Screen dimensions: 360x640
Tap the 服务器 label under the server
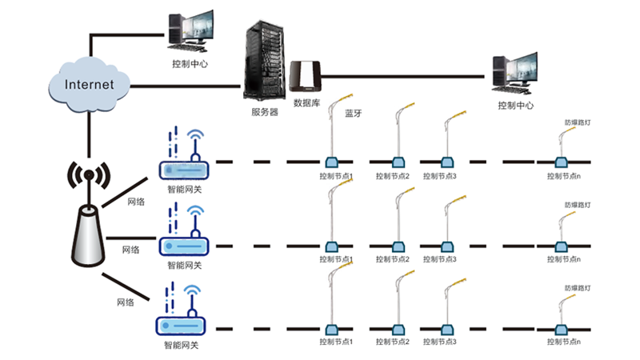(x=265, y=113)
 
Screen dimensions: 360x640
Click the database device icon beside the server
(x=306, y=77)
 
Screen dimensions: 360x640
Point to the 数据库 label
(x=308, y=103)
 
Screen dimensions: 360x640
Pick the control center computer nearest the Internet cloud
(x=190, y=32)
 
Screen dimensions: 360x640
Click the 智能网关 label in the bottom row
(x=181, y=346)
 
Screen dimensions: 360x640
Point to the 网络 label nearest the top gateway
(x=136, y=202)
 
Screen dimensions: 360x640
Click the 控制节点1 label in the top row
(x=335, y=176)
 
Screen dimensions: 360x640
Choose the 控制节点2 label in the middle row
(x=392, y=259)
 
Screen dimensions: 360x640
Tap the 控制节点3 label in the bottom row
(x=439, y=342)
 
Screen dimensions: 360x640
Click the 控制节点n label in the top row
(x=564, y=176)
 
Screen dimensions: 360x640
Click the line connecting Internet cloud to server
(x=184, y=85)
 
